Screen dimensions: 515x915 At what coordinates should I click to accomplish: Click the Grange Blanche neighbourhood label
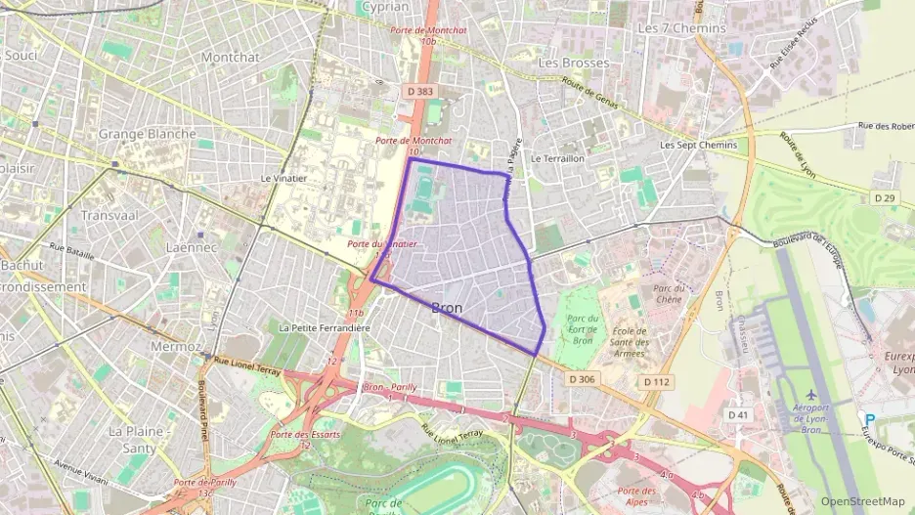tap(147, 134)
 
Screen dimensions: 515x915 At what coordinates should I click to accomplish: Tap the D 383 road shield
tap(417, 92)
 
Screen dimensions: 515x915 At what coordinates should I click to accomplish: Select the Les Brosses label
tap(573, 64)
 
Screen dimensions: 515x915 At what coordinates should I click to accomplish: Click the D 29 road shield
tap(884, 198)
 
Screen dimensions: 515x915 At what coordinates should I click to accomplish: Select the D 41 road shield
tap(739, 414)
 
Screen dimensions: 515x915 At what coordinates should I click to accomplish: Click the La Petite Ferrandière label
tap(325, 328)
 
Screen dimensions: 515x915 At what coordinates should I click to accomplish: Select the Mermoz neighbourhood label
tap(175, 346)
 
